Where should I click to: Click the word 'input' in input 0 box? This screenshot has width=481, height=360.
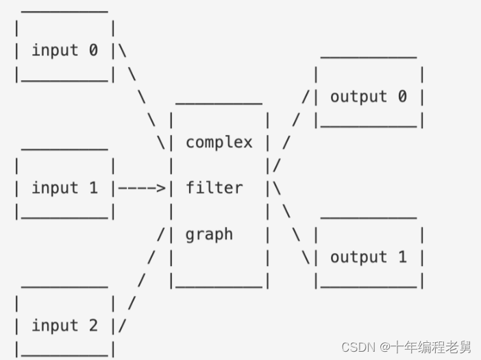coord(55,50)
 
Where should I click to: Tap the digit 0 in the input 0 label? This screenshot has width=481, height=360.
coord(93,50)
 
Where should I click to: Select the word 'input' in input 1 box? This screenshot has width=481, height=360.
coord(55,188)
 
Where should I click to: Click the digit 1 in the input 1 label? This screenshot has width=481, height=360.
coord(93,188)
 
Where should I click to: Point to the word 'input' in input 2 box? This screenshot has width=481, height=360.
coord(55,326)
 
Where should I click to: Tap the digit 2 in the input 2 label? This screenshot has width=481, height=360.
coord(93,326)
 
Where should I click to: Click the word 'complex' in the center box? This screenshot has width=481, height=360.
coord(219,143)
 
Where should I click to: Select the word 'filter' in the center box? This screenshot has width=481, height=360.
coord(214,188)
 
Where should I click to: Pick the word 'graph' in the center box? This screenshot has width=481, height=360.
coord(209,235)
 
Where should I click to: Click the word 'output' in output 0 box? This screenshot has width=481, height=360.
coord(358,97)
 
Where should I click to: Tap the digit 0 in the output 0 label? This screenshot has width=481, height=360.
coord(402,97)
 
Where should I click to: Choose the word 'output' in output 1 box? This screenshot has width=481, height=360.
coord(358,257)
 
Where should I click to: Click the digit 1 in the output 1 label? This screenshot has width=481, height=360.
coord(402,257)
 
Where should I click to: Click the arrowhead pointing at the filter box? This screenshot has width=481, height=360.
coord(162,188)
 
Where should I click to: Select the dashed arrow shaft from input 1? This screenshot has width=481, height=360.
coord(138,188)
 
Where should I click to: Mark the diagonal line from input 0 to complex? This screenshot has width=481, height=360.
coord(142,97)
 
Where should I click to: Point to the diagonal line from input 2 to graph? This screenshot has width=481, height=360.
coord(142,280)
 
